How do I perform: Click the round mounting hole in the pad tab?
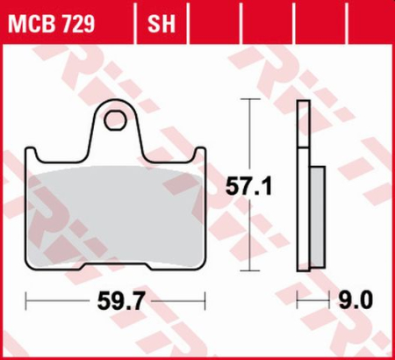coord(113,119)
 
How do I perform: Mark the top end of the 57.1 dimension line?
coord(253,100)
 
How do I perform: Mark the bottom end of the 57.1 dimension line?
coord(253,270)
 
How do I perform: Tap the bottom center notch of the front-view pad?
coord(114,267)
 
